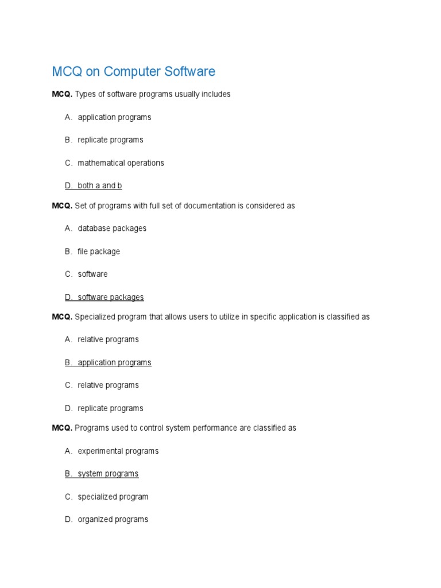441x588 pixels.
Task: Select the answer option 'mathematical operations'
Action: click(x=121, y=163)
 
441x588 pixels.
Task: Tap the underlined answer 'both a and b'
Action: click(x=100, y=186)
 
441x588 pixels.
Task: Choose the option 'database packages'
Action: click(x=112, y=229)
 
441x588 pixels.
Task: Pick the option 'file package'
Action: click(x=99, y=252)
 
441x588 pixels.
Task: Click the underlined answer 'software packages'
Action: click(x=111, y=297)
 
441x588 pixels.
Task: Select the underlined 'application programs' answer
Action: click(x=114, y=363)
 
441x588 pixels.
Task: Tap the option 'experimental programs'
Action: click(x=118, y=451)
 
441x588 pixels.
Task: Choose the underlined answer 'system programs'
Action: click(x=108, y=474)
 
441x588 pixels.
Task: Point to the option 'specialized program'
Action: click(x=113, y=497)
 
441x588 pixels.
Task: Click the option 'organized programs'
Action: click(x=113, y=520)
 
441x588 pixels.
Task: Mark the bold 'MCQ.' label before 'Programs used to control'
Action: click(x=62, y=428)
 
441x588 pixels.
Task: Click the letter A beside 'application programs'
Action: click(x=68, y=117)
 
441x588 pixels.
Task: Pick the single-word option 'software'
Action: click(x=92, y=274)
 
